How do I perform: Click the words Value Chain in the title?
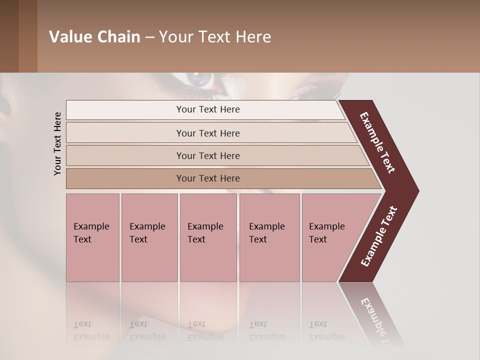click(x=94, y=37)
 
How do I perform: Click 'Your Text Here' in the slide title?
click(x=215, y=37)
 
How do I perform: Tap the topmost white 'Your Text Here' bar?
click(x=208, y=109)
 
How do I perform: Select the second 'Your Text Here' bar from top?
click(x=208, y=133)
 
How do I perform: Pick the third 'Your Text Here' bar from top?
click(x=208, y=155)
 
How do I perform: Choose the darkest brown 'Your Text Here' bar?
click(x=208, y=178)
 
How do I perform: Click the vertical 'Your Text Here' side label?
click(x=57, y=143)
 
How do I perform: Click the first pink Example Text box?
click(x=92, y=237)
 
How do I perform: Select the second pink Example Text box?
click(x=149, y=237)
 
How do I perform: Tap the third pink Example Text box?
click(x=207, y=237)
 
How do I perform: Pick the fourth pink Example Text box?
click(x=269, y=237)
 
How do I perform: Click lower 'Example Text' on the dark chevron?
click(x=379, y=236)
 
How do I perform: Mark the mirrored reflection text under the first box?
click(x=91, y=330)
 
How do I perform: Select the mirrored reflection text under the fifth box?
click(x=326, y=330)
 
